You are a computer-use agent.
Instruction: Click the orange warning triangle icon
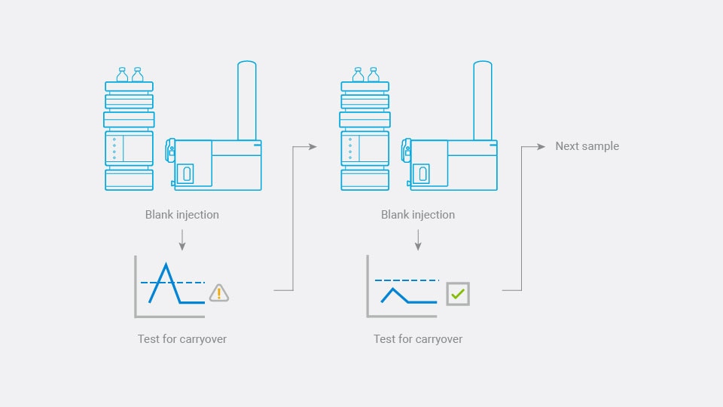click(x=218, y=293)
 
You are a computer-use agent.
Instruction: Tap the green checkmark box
click(x=457, y=293)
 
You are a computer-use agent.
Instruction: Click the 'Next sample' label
click(x=587, y=146)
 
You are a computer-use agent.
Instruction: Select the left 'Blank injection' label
click(x=182, y=215)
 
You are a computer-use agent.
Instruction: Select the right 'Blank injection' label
click(x=418, y=215)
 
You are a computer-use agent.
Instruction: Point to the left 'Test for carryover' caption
click(x=182, y=339)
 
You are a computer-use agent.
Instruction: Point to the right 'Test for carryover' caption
click(x=418, y=339)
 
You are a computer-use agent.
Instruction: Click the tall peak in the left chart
click(x=166, y=268)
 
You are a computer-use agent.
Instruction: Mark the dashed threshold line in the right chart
click(x=407, y=280)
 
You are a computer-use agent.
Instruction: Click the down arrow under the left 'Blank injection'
click(x=182, y=240)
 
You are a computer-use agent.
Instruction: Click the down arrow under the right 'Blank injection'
click(x=418, y=240)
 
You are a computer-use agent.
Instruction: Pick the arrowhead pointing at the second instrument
click(x=313, y=147)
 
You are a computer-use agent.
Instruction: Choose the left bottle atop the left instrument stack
click(x=123, y=75)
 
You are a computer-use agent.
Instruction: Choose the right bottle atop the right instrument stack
click(x=374, y=75)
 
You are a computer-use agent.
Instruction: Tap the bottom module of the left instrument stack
click(x=129, y=179)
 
